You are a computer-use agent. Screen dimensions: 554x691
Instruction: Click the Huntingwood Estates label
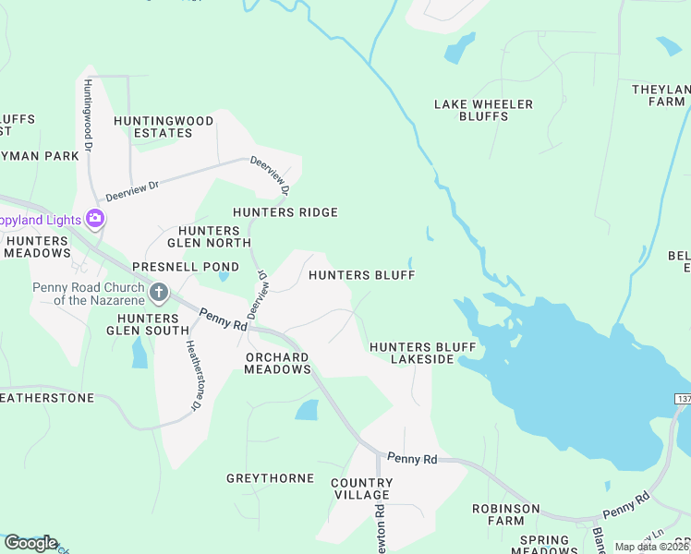(153, 126)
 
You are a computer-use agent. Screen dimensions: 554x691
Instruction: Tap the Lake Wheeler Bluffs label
(483, 110)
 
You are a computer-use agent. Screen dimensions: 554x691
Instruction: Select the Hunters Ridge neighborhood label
(285, 212)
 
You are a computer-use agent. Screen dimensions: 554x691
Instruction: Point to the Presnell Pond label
(173, 266)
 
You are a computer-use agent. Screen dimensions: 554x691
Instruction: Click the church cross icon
(159, 294)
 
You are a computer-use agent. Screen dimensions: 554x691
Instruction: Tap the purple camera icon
(94, 219)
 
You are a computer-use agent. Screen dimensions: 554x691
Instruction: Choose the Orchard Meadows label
(277, 363)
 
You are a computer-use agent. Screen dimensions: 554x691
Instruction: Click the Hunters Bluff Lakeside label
(422, 353)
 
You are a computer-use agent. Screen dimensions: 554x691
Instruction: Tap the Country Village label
(362, 488)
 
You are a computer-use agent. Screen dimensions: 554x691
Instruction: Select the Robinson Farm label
(505, 514)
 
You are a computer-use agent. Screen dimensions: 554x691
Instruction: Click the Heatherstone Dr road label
(194, 376)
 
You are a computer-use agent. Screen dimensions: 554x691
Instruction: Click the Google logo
(30, 542)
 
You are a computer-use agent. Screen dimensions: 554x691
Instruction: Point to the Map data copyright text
(651, 547)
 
